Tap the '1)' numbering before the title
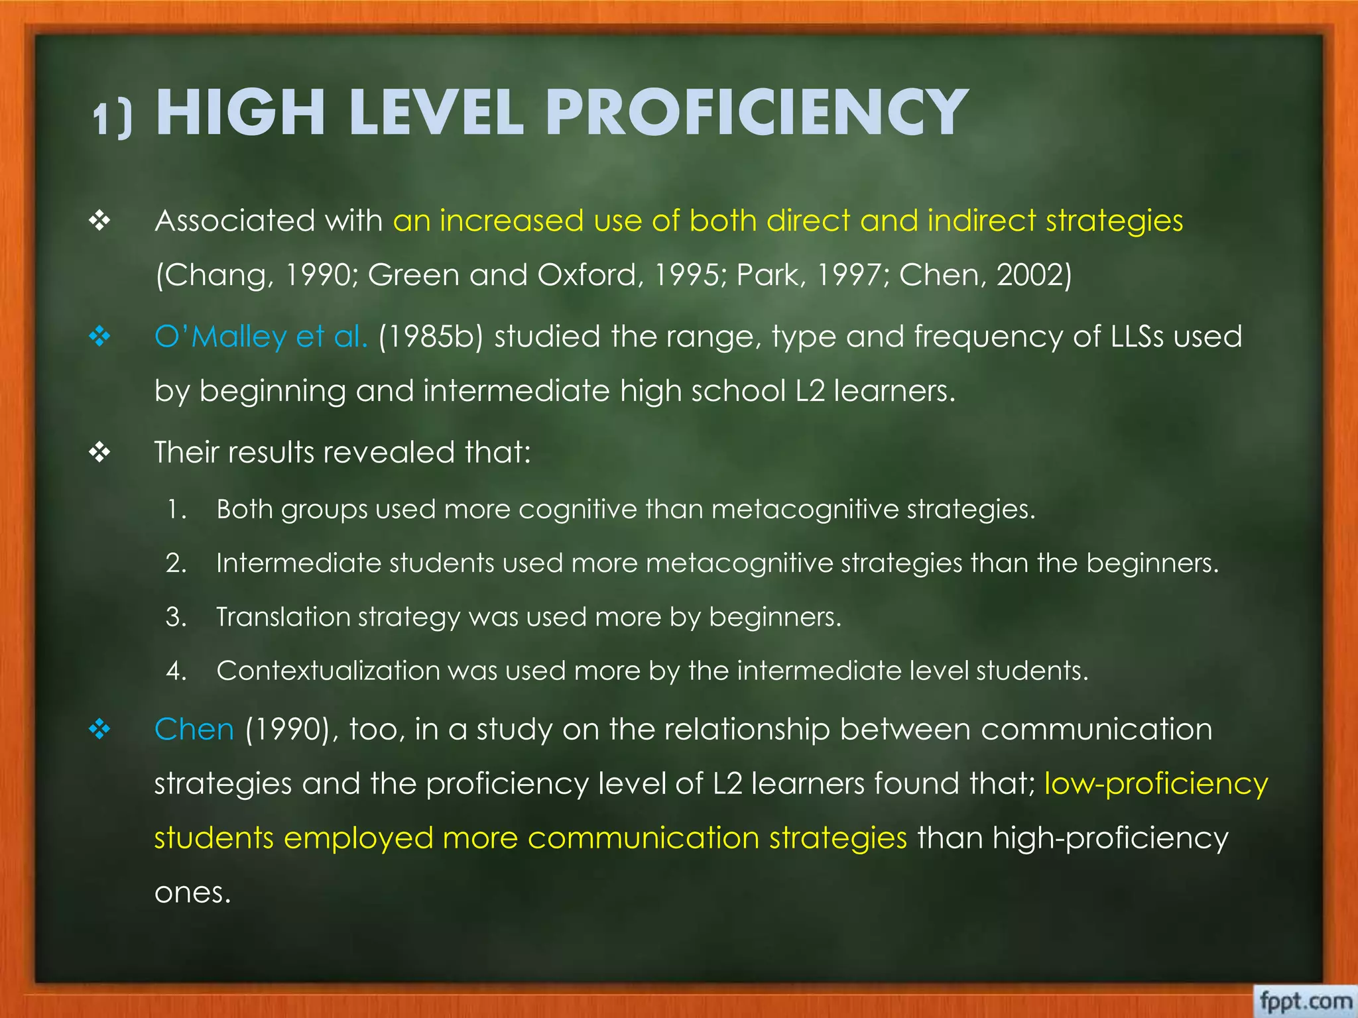click(112, 120)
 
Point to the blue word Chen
click(194, 730)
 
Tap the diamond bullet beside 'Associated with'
click(99, 221)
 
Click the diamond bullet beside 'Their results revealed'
click(99, 453)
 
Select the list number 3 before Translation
click(176, 617)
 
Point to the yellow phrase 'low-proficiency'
click(1156, 784)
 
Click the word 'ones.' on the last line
click(192, 893)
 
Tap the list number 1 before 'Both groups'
click(176, 510)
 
